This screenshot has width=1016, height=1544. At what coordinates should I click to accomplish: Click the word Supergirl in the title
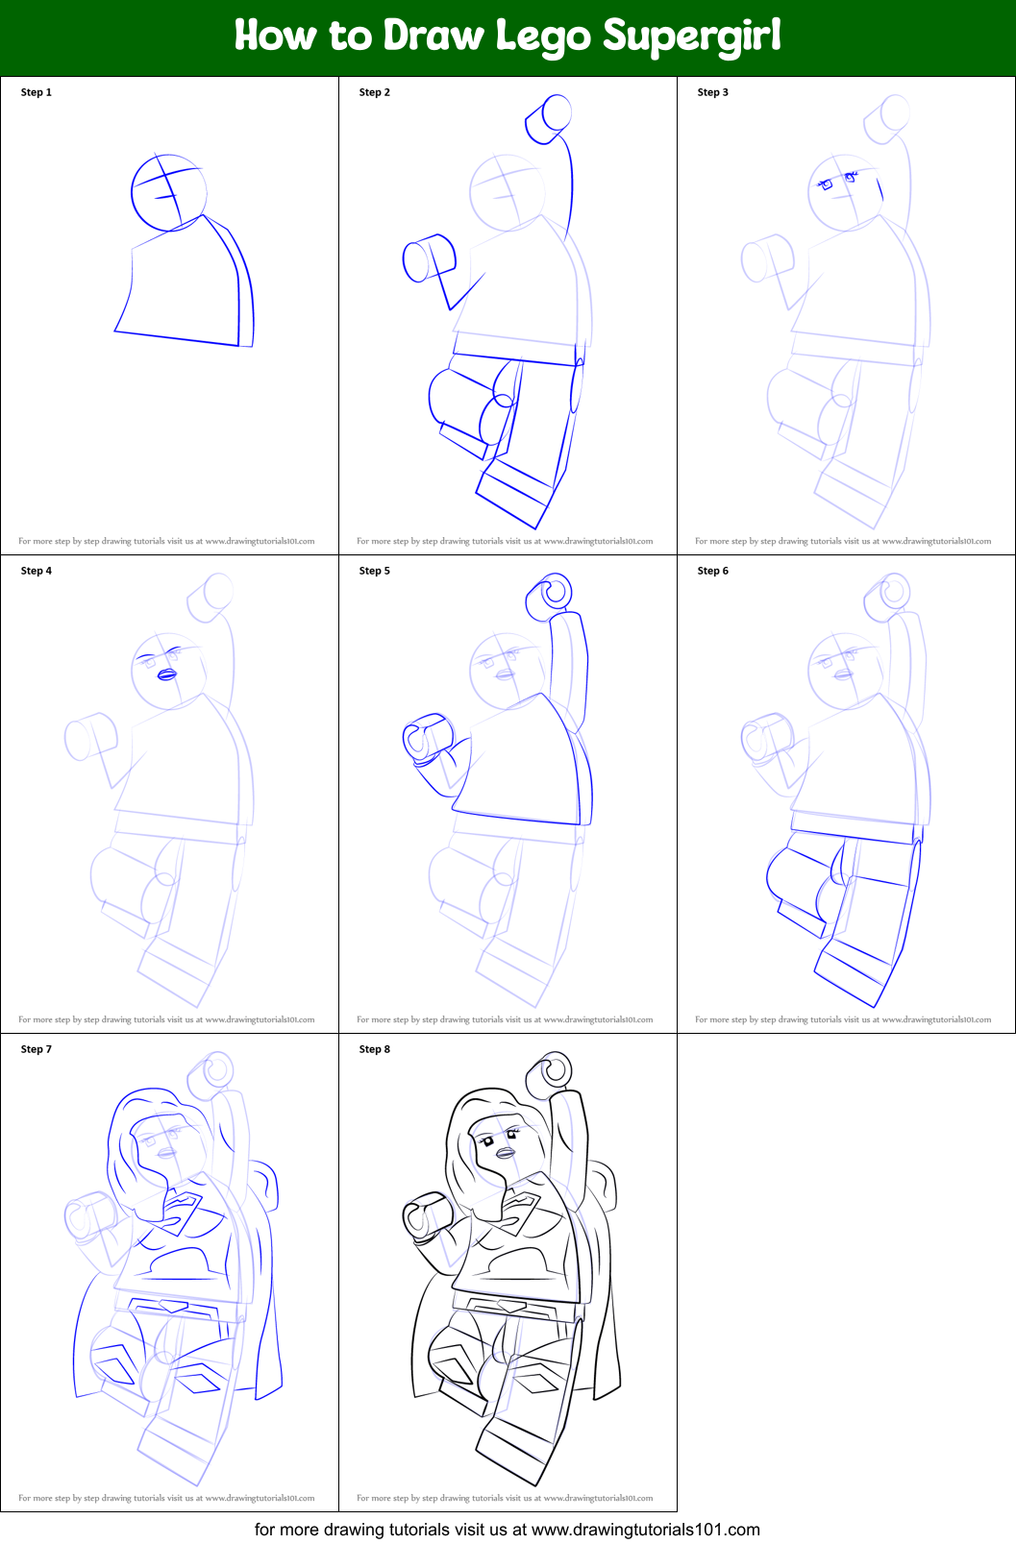691,37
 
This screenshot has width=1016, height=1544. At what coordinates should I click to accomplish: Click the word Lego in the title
543,37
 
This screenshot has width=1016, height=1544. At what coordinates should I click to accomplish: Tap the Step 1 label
37,92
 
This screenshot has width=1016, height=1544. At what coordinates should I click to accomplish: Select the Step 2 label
375,92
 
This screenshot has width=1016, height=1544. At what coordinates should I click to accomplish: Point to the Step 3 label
713,92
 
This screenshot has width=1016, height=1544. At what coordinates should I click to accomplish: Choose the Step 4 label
37,571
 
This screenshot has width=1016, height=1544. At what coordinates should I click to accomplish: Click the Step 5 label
375,571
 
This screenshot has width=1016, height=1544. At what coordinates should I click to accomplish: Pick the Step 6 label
713,571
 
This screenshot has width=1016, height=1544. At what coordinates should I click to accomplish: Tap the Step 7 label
37,1049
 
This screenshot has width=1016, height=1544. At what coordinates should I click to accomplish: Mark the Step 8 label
375,1049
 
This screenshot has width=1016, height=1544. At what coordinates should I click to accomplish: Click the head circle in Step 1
168,192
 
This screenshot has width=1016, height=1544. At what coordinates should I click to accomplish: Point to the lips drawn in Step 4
166,674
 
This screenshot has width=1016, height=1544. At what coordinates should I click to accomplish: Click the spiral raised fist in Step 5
552,596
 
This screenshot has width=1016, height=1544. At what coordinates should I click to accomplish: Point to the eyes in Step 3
836,181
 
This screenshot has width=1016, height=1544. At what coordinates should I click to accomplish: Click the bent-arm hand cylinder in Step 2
428,258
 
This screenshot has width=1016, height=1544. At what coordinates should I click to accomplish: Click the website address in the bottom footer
645,1529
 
